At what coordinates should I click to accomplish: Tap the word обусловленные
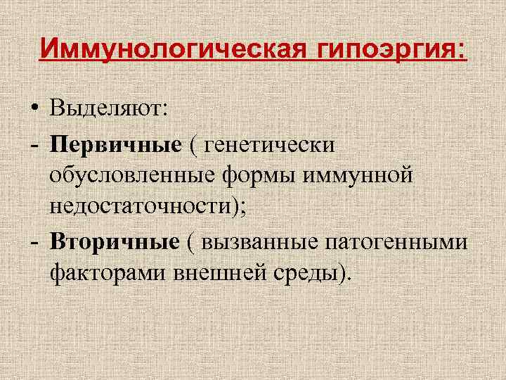pyautogui.click(x=131, y=175)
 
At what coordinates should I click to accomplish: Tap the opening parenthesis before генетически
pyautogui.click(x=192, y=145)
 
